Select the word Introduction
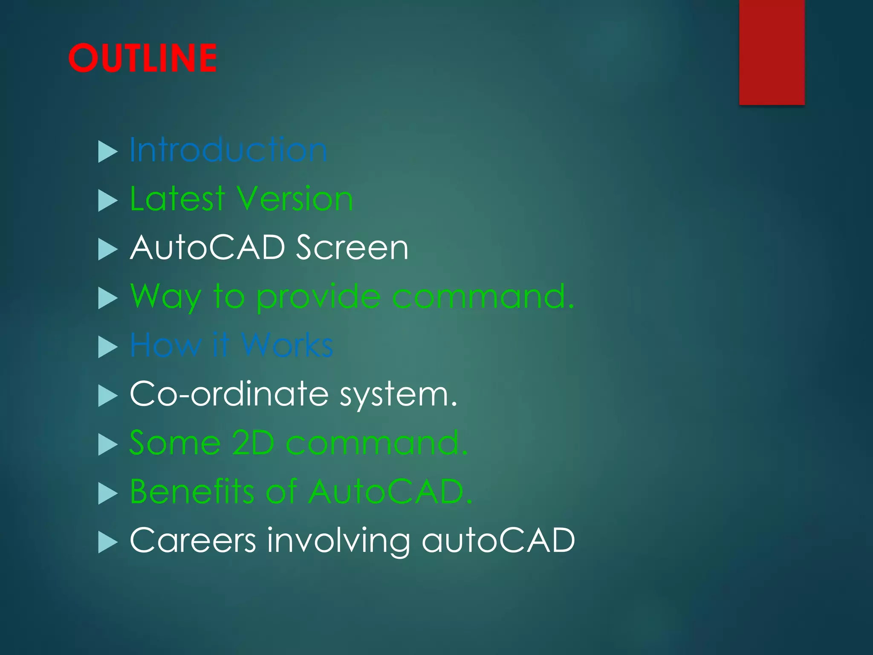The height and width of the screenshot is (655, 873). [x=228, y=150]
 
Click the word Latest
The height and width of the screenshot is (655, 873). [x=177, y=199]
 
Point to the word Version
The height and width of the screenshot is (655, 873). [x=295, y=199]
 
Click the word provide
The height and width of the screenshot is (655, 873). [x=318, y=297]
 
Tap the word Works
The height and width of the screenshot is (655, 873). [x=287, y=345]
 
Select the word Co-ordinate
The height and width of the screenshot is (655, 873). [x=229, y=394]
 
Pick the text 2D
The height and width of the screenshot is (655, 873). [x=253, y=443]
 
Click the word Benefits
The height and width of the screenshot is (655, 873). [x=192, y=491]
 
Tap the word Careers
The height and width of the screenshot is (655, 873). [x=193, y=540]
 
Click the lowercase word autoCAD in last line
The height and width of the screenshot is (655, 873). [x=498, y=540]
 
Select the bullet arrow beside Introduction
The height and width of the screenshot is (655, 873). [x=107, y=151]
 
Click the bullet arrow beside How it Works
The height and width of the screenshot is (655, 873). [x=107, y=346]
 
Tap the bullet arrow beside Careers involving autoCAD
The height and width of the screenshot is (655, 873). [x=107, y=542]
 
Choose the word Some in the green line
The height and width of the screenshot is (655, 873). [x=175, y=443]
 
